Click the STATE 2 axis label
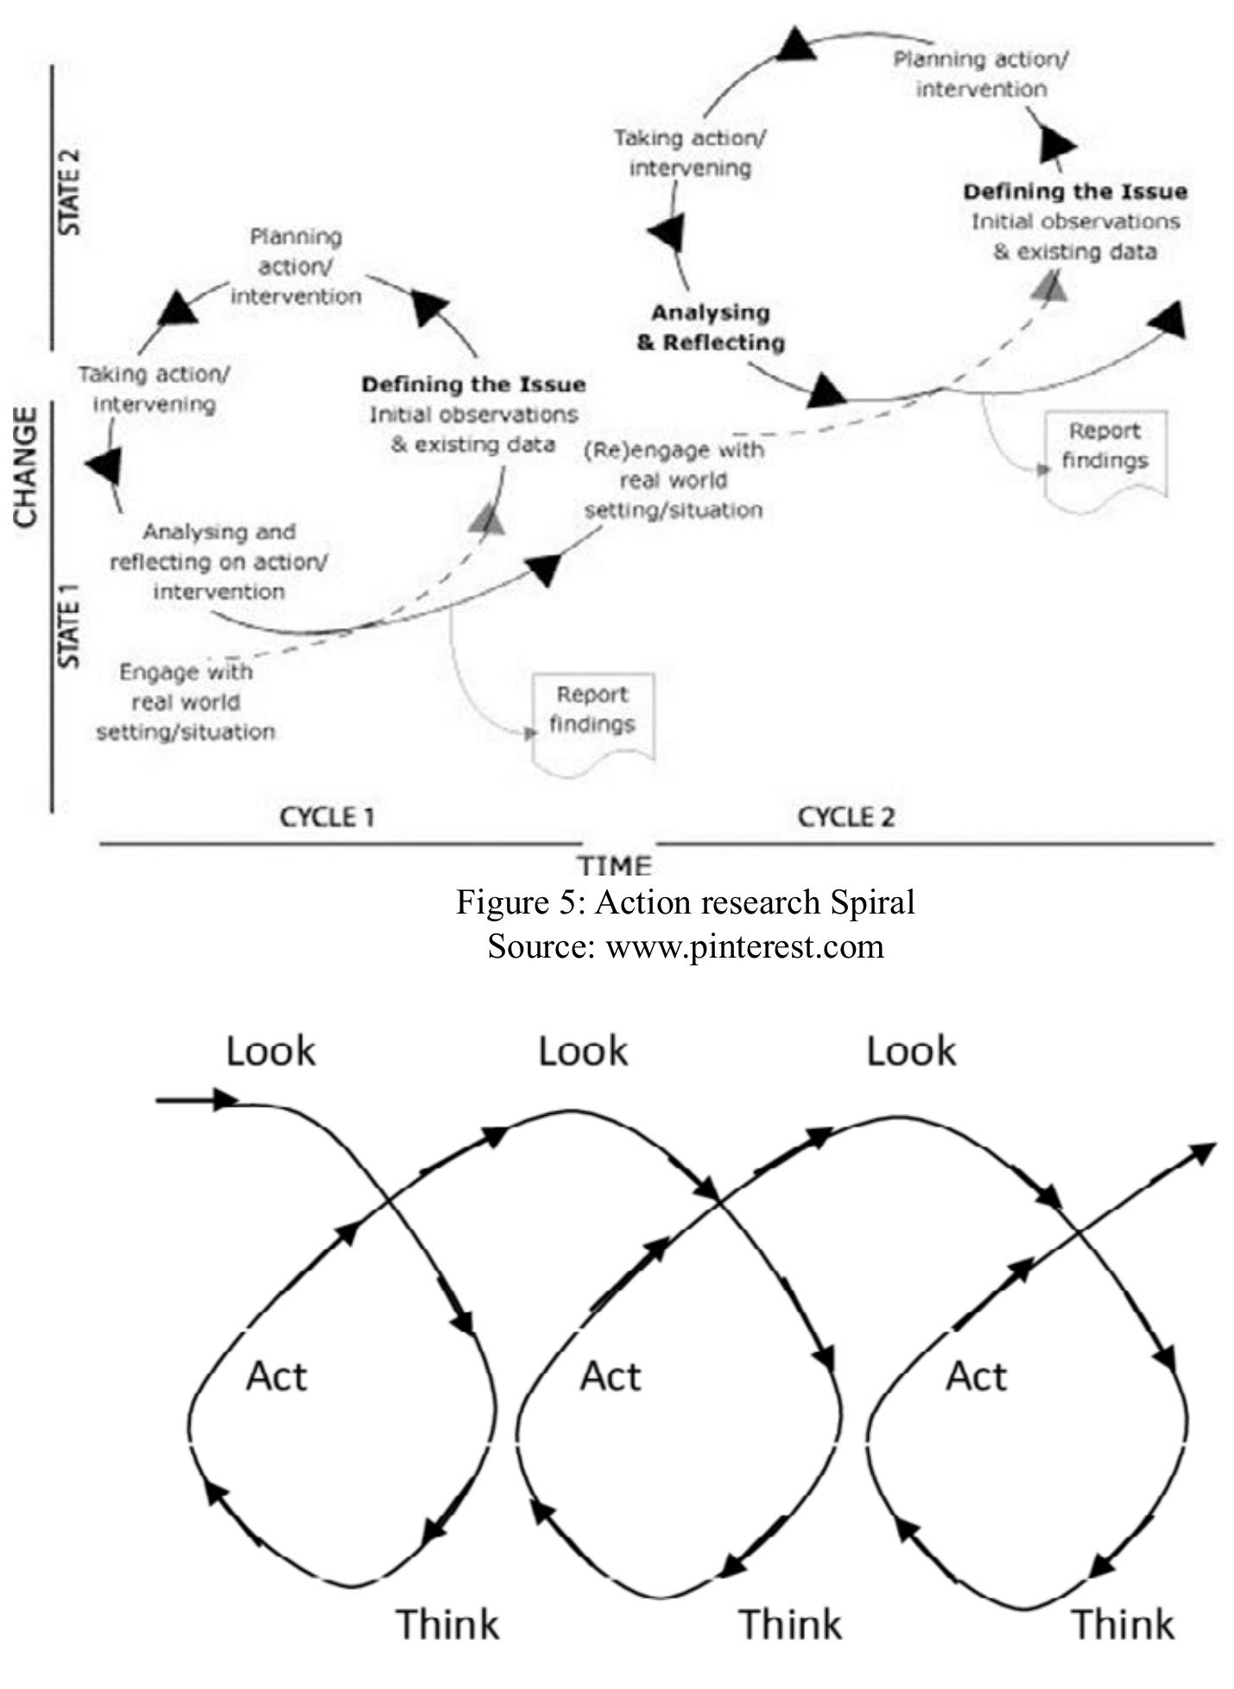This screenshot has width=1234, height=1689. pos(68,192)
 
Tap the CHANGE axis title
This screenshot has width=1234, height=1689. pos(27,466)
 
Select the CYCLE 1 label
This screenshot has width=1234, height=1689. pos(327,816)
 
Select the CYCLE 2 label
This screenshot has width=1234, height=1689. pos(845,816)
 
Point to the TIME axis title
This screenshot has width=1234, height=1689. pos(615,864)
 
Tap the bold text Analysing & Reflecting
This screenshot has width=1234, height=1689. pos(711,327)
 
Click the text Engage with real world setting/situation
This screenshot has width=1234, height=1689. pos(186,701)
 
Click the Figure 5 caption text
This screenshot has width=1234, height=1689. pos(685,902)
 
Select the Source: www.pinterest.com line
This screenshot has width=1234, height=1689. pos(685,946)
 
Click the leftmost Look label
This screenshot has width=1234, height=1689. pos(271,1051)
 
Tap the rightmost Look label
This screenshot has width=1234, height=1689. pos(911,1051)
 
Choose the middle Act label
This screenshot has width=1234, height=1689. pos(610,1376)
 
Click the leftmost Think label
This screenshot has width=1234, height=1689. pos(447,1623)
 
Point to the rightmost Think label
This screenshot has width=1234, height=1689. pos(1123,1623)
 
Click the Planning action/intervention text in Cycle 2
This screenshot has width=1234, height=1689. pos(980,74)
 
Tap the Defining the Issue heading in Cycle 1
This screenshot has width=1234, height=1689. pos(473,384)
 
